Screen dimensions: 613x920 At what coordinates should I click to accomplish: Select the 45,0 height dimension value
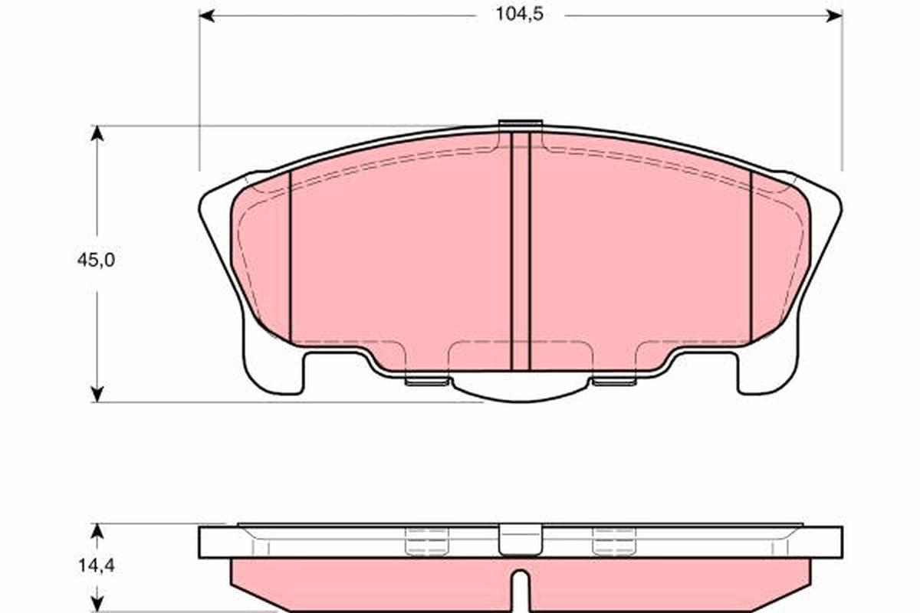click(97, 261)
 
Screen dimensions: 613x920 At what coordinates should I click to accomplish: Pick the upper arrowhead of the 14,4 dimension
click(97, 531)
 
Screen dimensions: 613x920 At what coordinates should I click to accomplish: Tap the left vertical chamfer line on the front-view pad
click(291, 257)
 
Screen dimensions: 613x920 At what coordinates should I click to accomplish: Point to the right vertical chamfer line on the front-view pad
click(751, 257)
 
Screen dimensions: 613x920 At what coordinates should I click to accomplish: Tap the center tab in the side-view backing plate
click(521, 539)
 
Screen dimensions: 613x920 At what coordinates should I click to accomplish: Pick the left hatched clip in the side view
click(426, 541)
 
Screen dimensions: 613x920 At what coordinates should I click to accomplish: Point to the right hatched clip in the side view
click(614, 541)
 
